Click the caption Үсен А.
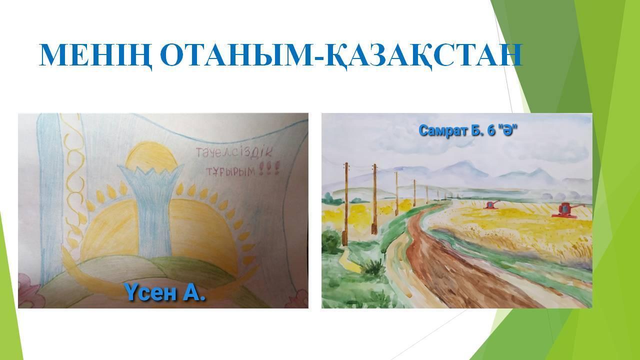[x=165, y=292]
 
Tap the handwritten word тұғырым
[x=231, y=172]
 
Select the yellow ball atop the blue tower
[x=150, y=156]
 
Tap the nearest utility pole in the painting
[x=346, y=204]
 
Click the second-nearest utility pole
[x=374, y=199]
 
